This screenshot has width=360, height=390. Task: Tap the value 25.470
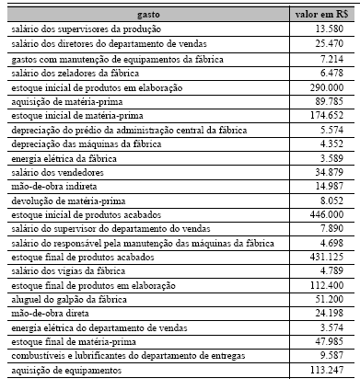(x=328, y=43)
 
